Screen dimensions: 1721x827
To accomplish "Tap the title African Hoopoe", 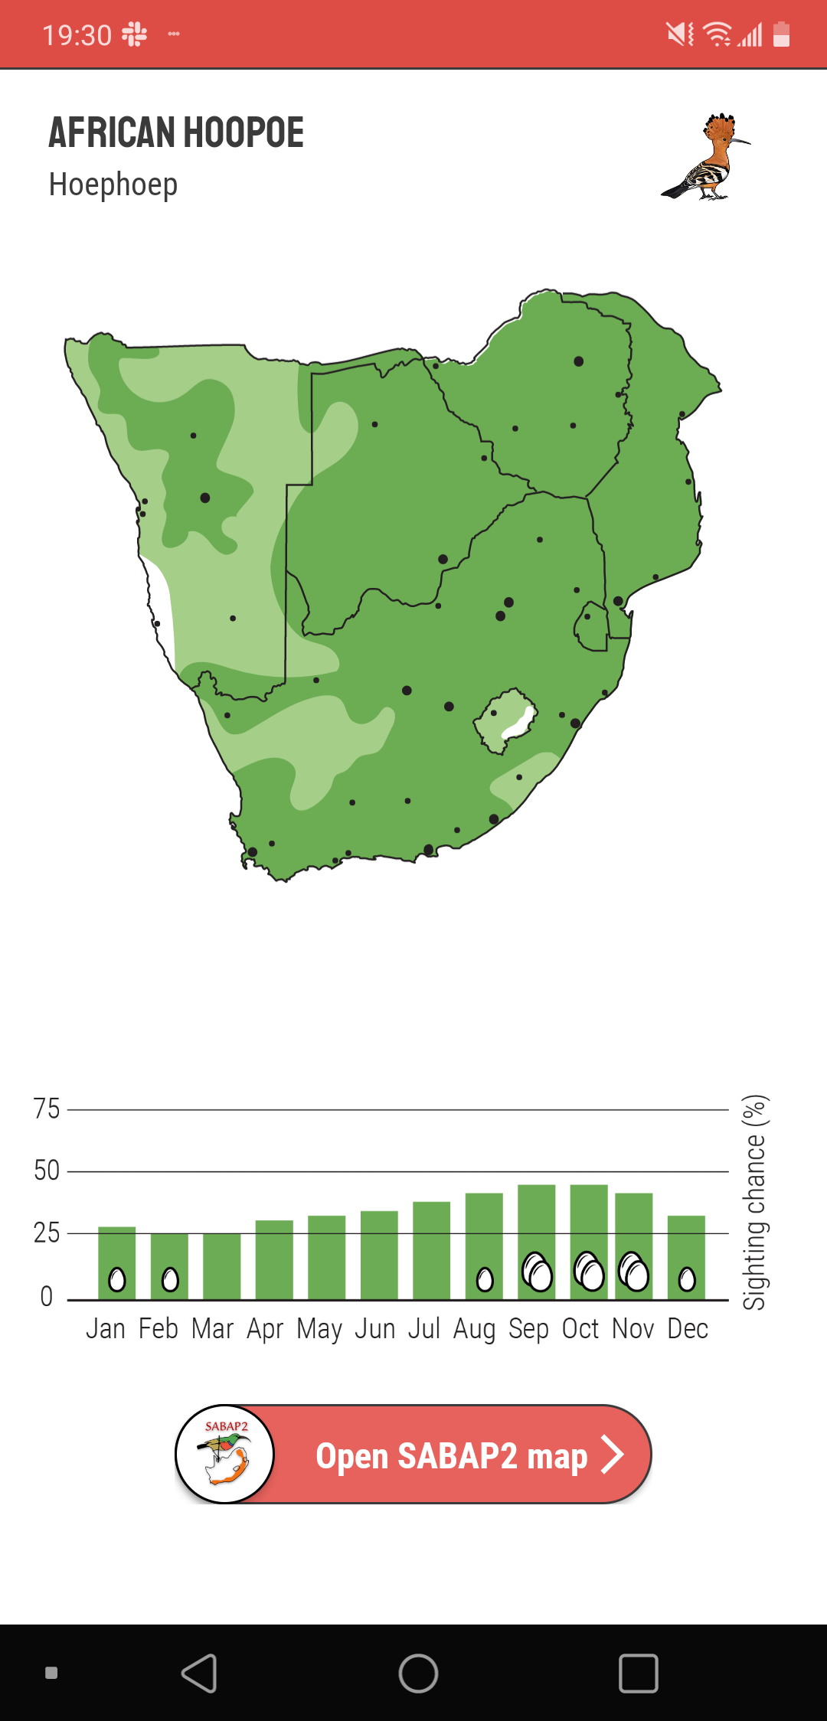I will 176,132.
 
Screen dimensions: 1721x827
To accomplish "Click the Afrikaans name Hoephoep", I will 113,185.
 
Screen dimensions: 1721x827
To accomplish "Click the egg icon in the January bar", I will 117,1279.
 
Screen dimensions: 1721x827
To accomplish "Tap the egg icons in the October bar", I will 589,1272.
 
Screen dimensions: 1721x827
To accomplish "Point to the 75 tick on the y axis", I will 47,1109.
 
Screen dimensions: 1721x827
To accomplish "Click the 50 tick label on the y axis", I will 47,1171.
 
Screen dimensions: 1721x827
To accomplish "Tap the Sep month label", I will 528,1329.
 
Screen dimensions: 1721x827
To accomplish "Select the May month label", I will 319,1329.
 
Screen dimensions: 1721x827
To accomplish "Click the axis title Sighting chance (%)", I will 754,1202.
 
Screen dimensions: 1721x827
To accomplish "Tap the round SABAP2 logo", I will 225,1454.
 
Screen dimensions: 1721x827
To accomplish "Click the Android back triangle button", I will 200,1673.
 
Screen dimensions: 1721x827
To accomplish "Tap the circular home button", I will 418,1673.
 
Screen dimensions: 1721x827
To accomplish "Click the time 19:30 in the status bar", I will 77,35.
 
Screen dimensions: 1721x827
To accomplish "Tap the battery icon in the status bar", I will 781,34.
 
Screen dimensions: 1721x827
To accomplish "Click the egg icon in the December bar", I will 687,1279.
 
